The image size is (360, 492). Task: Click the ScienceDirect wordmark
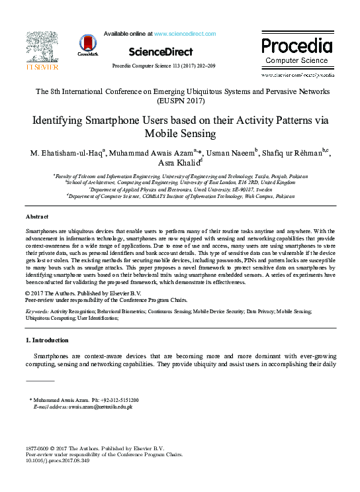(x=160, y=52)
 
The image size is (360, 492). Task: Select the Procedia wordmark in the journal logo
(x=296, y=46)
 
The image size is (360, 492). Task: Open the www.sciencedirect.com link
(x=185, y=33)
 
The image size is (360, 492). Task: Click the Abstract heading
(x=36, y=217)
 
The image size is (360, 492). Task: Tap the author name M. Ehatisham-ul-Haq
(x=68, y=154)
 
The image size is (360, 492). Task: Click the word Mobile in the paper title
(x=162, y=134)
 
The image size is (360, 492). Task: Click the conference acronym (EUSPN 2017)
(x=180, y=102)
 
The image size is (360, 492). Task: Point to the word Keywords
(x=37, y=310)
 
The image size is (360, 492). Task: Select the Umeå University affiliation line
(x=180, y=189)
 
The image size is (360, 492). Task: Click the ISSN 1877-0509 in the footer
(x=38, y=448)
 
